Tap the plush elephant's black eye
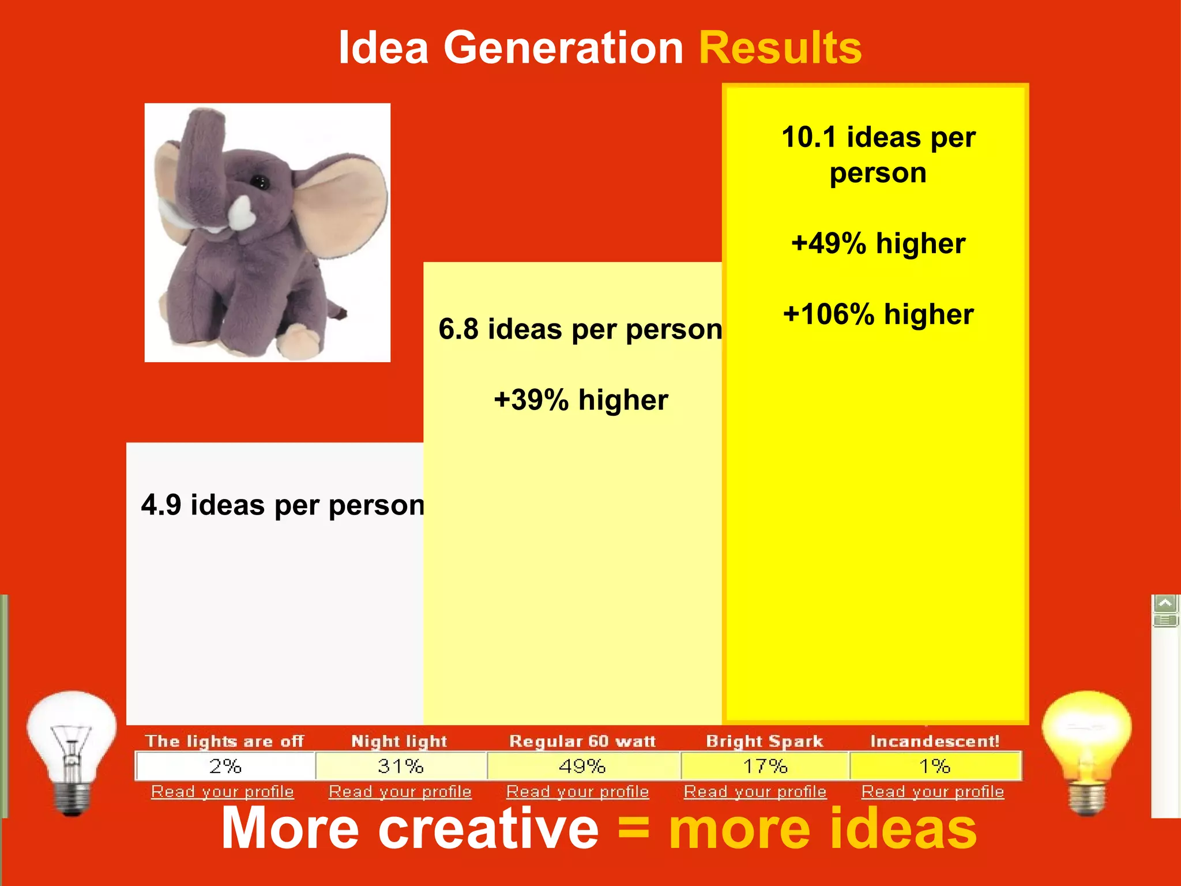click(259, 182)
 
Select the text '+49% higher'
click(878, 243)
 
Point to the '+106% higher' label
click(878, 315)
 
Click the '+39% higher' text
click(581, 400)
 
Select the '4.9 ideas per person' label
click(283, 505)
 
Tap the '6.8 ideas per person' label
click(580, 329)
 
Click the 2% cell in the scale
click(225, 766)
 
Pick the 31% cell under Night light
click(401, 766)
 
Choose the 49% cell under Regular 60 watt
click(582, 766)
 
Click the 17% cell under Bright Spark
click(765, 766)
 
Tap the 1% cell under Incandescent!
click(934, 766)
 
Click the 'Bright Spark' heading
click(765, 741)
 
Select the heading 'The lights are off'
click(224, 741)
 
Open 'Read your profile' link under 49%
click(577, 792)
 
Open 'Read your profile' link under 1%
click(932, 792)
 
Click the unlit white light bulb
click(72, 750)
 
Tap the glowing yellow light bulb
click(1086, 750)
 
